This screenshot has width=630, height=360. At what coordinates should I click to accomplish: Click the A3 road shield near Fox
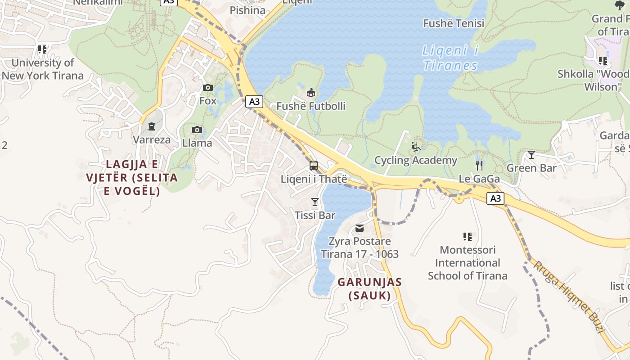tap(254, 102)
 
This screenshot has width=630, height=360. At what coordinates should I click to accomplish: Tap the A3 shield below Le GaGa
tap(495, 198)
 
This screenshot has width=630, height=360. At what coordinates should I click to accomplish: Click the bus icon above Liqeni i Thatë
tap(314, 166)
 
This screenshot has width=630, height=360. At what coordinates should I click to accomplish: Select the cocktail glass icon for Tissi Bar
tap(315, 202)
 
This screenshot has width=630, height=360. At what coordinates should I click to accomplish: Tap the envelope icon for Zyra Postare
tap(360, 228)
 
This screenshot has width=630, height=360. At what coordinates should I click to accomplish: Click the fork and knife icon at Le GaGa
tap(479, 165)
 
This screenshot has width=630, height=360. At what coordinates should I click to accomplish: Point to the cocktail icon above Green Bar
tap(531, 155)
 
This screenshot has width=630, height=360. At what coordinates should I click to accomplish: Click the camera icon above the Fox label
tap(208, 87)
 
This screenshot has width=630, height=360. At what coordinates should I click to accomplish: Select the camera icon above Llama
tap(197, 130)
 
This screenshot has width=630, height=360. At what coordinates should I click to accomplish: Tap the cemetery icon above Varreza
tap(152, 126)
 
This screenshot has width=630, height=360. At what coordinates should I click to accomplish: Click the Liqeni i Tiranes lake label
tap(450, 58)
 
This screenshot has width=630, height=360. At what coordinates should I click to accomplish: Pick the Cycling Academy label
tap(416, 160)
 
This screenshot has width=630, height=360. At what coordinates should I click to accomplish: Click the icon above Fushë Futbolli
tap(310, 93)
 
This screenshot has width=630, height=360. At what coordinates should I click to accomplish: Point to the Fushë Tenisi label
tap(454, 23)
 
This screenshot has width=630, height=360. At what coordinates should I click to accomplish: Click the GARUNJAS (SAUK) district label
tap(369, 289)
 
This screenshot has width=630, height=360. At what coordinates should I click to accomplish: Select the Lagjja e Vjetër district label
tap(132, 177)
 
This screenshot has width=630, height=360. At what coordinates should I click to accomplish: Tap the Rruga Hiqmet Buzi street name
tap(568, 297)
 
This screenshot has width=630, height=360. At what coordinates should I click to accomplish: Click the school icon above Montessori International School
tap(468, 236)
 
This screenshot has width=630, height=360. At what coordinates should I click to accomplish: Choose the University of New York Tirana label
tap(43, 69)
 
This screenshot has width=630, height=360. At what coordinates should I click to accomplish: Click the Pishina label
tap(247, 10)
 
